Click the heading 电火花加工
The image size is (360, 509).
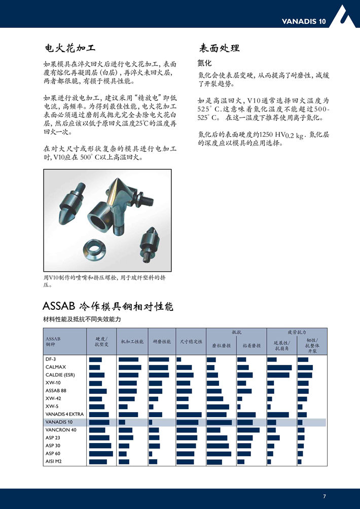point(69,49)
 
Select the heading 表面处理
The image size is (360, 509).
point(219,49)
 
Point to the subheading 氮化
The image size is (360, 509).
point(204,63)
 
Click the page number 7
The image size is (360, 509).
point(325,496)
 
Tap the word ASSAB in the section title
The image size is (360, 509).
point(59,307)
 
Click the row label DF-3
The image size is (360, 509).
point(51,359)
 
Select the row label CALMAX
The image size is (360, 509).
point(56,367)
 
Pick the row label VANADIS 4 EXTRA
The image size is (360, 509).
point(64,414)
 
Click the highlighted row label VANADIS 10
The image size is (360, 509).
point(59,422)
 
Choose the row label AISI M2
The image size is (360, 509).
point(54,461)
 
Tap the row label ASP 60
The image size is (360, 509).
point(53,453)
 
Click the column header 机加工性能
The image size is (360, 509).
point(132,342)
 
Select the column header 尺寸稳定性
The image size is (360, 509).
point(191,342)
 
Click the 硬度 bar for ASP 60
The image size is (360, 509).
point(101,453)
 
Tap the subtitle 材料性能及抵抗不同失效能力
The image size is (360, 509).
point(83,320)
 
